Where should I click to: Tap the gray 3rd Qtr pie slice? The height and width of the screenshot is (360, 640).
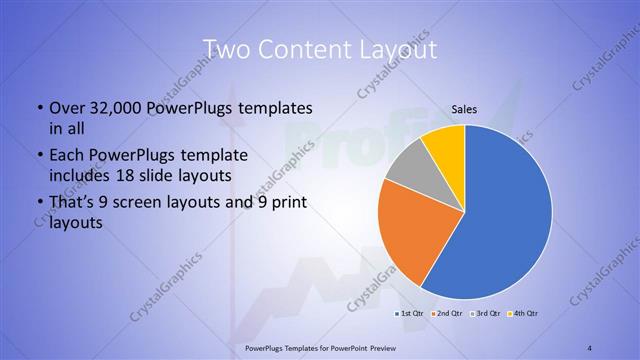click(x=407, y=171)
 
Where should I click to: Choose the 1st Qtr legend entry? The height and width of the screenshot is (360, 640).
click(x=409, y=313)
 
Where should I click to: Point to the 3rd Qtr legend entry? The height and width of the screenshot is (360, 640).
click(x=486, y=313)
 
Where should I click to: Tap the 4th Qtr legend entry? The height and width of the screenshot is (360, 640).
click(x=524, y=313)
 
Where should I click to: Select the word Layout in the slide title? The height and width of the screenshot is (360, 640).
click(x=394, y=50)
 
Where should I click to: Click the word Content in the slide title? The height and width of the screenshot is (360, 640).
click(x=302, y=50)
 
